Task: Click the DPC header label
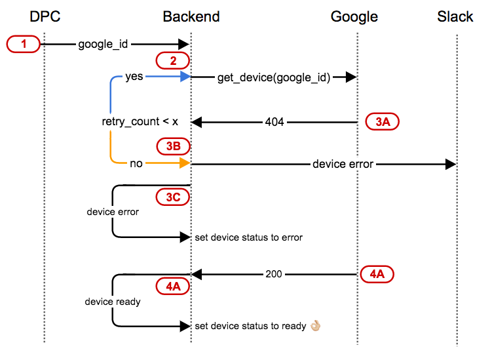(x=45, y=16)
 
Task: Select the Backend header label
(x=191, y=16)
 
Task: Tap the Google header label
(x=354, y=16)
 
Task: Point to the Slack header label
(x=455, y=16)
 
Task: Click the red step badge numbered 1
(x=24, y=44)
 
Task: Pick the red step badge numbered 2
(x=173, y=61)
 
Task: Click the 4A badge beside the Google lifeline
(x=377, y=274)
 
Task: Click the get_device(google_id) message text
(x=274, y=77)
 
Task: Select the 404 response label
(x=274, y=122)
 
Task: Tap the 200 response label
(x=274, y=274)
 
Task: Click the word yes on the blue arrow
(x=134, y=77)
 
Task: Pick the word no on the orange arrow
(x=136, y=164)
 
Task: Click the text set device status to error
(x=249, y=237)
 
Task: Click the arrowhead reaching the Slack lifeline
(x=450, y=164)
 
